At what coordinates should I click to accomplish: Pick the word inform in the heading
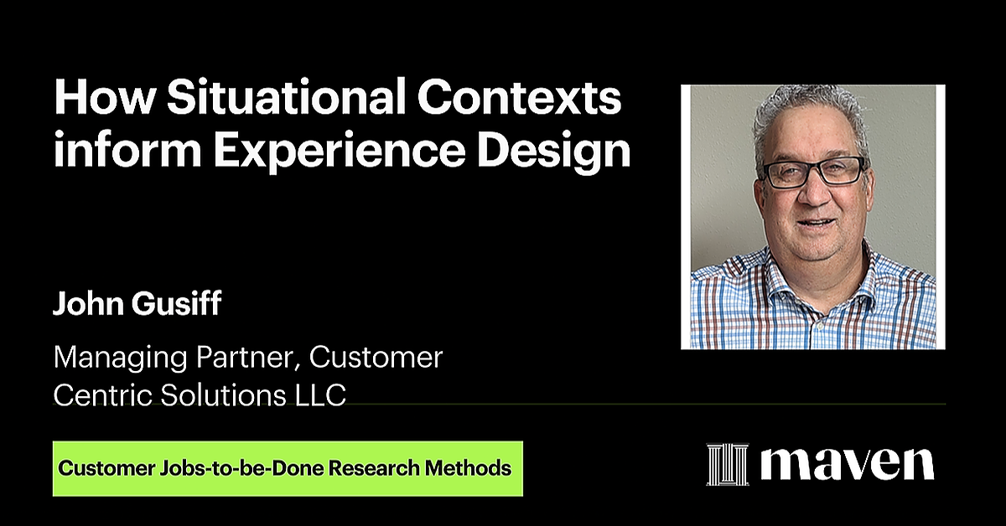pyautogui.click(x=111, y=152)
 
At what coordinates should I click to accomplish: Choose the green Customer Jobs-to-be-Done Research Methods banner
pyautogui.click(x=287, y=468)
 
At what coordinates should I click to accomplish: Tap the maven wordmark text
pyautogui.click(x=848, y=464)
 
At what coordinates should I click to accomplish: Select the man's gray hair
pyautogui.click(x=809, y=114)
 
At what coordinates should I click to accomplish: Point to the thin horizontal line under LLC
pyautogui.click(x=646, y=405)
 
